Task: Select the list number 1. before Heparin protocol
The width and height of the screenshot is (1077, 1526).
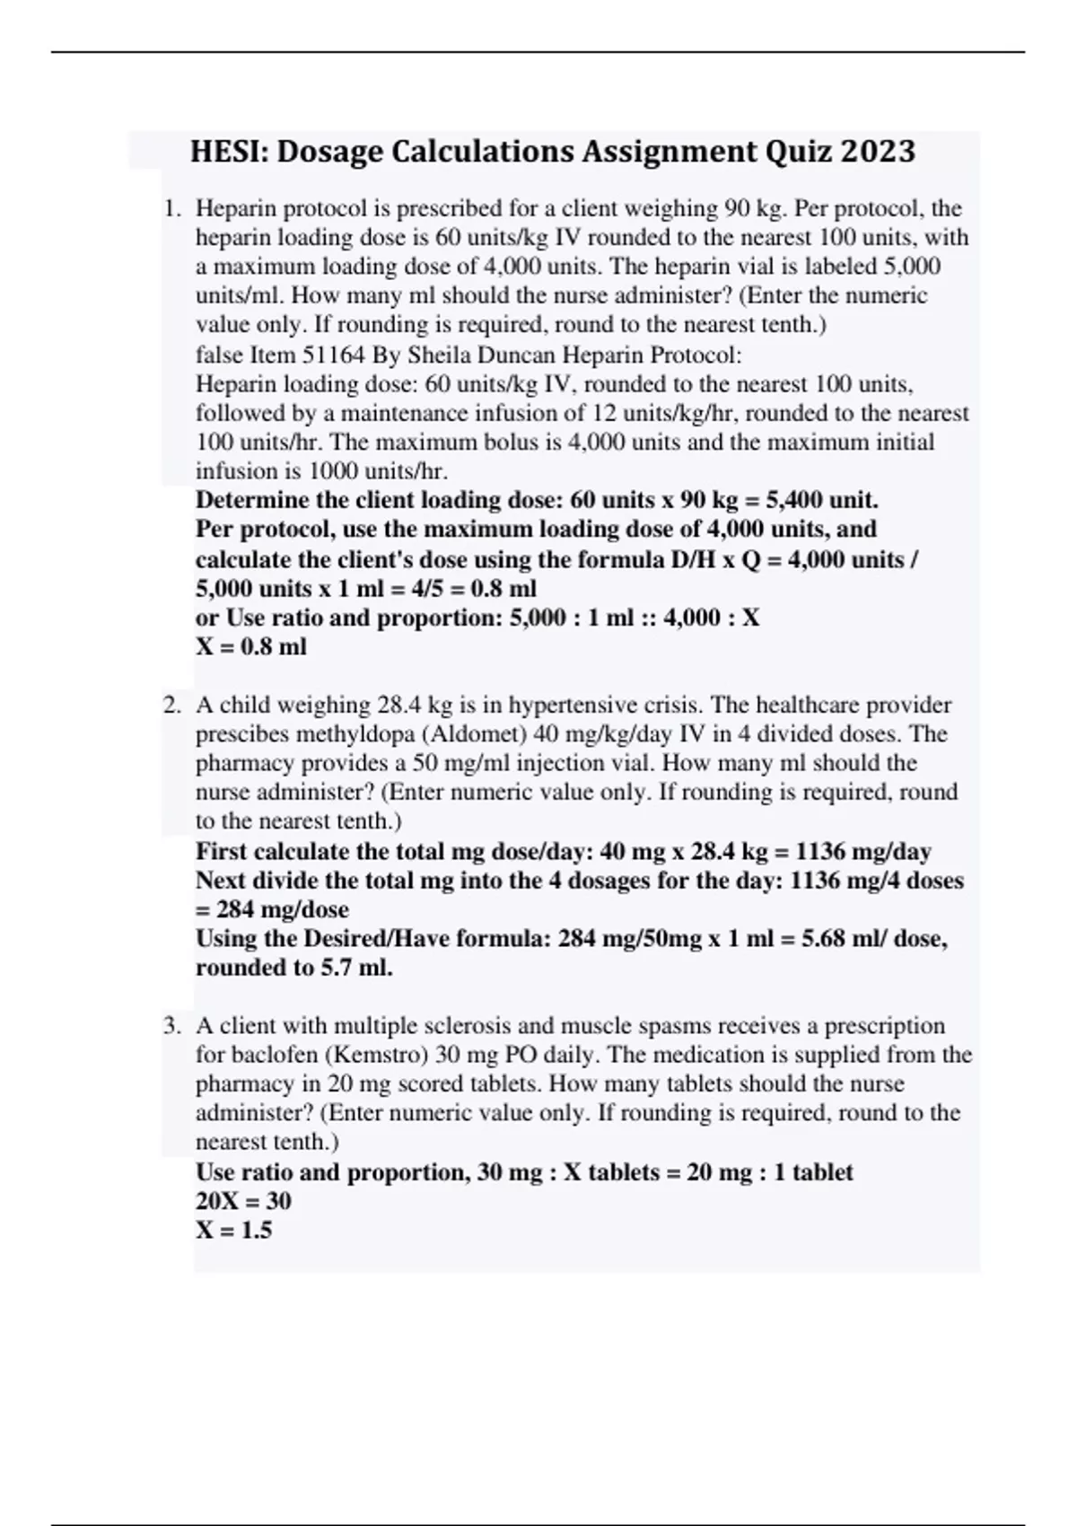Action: point(172,209)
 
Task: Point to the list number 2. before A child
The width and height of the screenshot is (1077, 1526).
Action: point(172,706)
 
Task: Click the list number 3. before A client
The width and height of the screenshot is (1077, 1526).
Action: point(172,1026)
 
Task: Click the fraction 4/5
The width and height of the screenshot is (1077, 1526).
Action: point(416,589)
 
